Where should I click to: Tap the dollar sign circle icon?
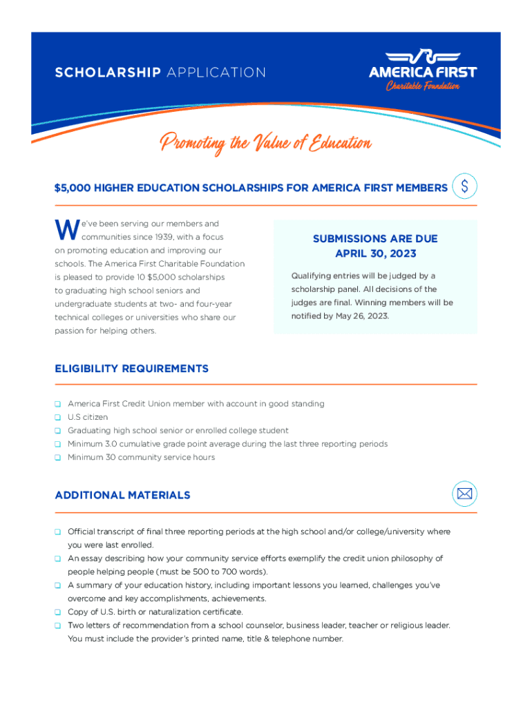(464, 186)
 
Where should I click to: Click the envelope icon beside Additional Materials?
(464, 494)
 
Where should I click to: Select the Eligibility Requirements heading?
(131, 369)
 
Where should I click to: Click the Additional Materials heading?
(122, 495)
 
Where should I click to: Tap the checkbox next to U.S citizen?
(59, 418)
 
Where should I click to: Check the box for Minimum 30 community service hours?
(59, 458)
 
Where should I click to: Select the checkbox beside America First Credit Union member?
(59, 404)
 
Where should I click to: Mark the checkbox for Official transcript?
(59, 532)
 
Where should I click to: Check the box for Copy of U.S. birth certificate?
(59, 612)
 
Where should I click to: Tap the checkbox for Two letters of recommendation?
(59, 626)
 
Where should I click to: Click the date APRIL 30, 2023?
(375, 253)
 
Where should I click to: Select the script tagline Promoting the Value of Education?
(266, 144)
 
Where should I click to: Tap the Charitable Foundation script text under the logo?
(423, 86)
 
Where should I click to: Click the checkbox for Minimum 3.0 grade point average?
(59, 445)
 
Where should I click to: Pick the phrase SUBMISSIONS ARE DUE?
(375, 239)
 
